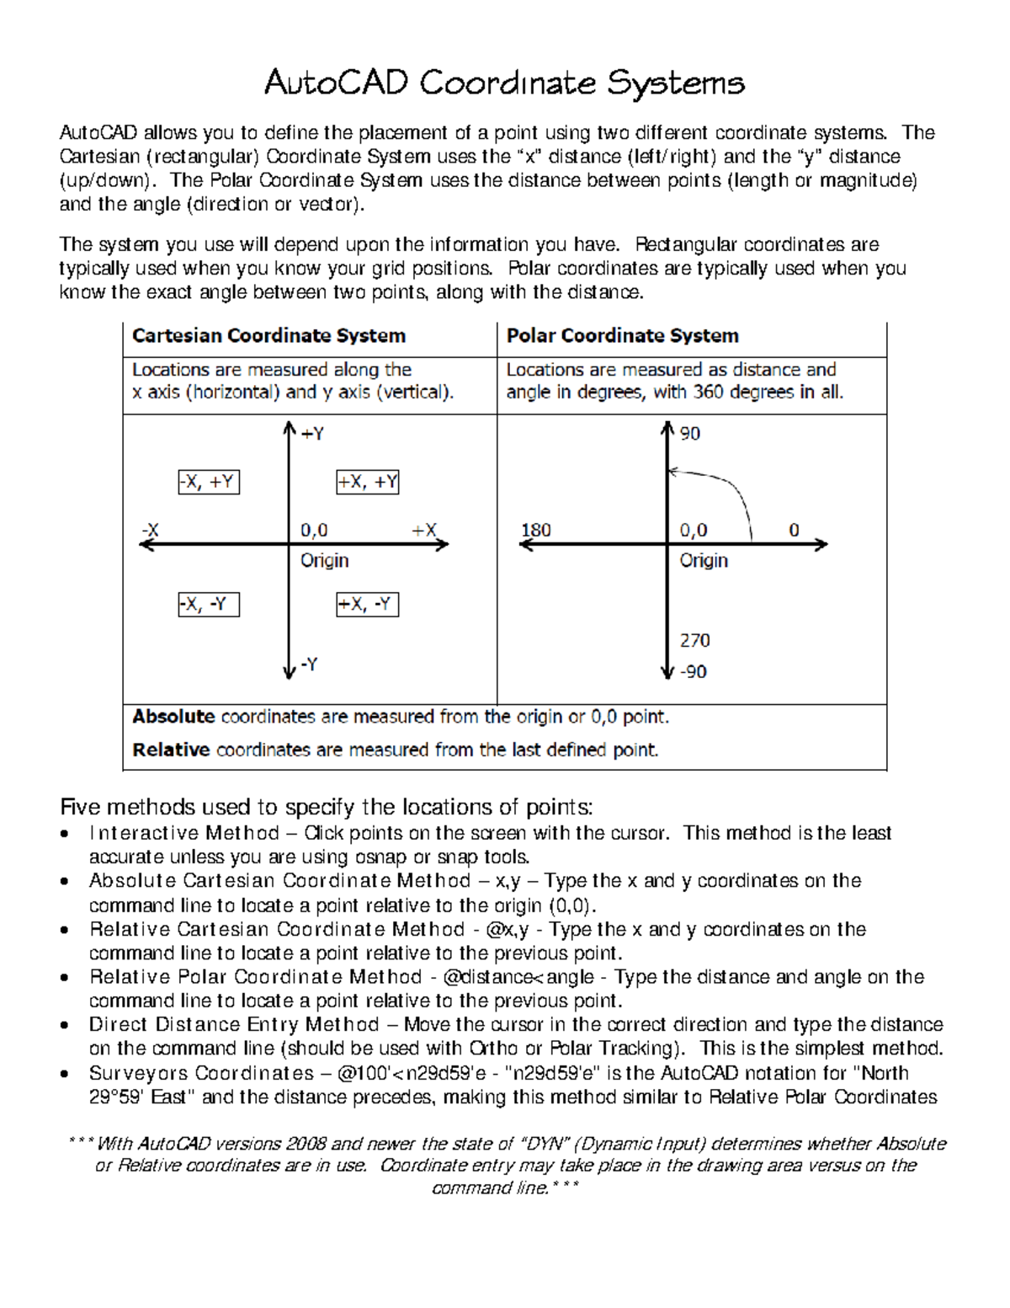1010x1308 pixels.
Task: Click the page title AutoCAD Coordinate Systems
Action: click(504, 83)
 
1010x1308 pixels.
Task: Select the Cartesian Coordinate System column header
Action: click(268, 335)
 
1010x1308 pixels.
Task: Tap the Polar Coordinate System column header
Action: click(622, 335)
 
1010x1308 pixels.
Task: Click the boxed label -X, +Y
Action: click(209, 482)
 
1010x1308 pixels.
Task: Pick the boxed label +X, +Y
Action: click(367, 482)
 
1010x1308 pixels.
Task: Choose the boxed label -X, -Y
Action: click(209, 605)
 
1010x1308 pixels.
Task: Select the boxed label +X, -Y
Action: click(367, 605)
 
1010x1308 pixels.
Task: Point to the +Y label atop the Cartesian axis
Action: click(312, 434)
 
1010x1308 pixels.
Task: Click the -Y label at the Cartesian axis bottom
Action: click(309, 665)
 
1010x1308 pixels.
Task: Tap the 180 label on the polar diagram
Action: click(535, 530)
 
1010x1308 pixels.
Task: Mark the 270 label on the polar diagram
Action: click(694, 640)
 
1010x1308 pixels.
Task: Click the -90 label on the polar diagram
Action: click(693, 672)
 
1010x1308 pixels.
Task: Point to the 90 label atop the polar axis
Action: click(690, 434)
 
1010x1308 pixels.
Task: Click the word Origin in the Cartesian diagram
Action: click(324, 560)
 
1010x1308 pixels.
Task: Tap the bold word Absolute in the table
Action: click(173, 717)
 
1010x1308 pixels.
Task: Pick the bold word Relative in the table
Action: click(171, 750)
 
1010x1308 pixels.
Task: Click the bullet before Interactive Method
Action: click(65, 834)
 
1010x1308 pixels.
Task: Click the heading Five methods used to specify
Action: click(326, 807)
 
